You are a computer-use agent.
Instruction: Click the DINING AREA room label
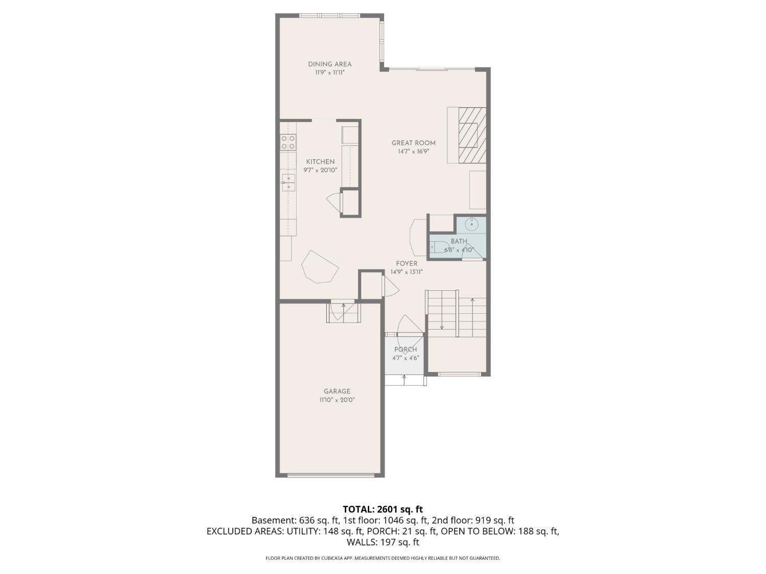(x=329, y=64)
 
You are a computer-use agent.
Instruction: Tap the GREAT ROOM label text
(x=413, y=143)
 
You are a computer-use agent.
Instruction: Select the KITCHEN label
(x=320, y=162)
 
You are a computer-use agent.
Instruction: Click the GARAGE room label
(x=337, y=391)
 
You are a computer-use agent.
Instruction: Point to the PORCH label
(x=405, y=349)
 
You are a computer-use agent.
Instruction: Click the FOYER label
(x=406, y=263)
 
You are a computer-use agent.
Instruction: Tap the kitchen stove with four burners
(x=288, y=142)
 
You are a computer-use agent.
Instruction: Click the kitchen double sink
(x=288, y=183)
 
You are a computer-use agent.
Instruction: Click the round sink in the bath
(x=472, y=223)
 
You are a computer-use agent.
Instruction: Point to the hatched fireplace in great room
(x=472, y=135)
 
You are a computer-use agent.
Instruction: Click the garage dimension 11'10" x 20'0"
(x=337, y=400)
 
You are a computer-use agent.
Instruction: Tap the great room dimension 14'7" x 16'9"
(x=413, y=152)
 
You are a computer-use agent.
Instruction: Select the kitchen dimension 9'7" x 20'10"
(x=320, y=170)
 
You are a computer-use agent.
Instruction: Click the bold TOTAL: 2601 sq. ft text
(x=383, y=510)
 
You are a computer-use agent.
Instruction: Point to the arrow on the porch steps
(x=404, y=380)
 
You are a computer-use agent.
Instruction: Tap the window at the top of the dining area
(x=329, y=15)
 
